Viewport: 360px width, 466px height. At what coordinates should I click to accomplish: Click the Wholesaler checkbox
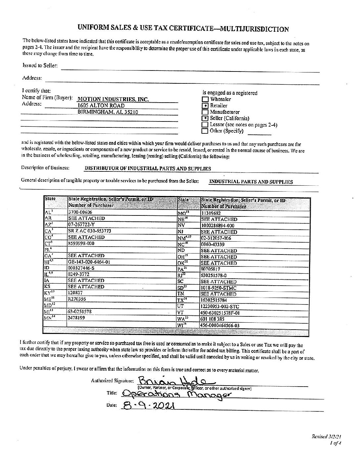205,99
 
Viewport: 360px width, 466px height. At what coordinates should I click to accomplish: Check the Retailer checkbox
205,106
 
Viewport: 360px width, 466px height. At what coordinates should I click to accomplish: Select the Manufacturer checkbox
205,112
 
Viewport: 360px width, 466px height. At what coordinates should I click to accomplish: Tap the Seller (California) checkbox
205,118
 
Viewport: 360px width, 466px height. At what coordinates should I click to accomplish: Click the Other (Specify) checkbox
205,131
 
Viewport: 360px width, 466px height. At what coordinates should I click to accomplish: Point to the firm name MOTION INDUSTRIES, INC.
113,99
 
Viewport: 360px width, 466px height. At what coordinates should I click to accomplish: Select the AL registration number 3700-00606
80,212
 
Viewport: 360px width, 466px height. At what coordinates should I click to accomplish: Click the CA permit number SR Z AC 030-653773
89,231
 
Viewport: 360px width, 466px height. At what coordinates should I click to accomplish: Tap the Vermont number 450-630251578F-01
220,313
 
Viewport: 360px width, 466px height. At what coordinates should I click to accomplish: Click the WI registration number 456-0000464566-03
220,325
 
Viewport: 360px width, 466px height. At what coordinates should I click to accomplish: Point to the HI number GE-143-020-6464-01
89,262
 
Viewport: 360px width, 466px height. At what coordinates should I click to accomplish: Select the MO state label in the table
182,213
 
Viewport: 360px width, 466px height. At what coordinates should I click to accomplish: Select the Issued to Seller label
40,66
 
